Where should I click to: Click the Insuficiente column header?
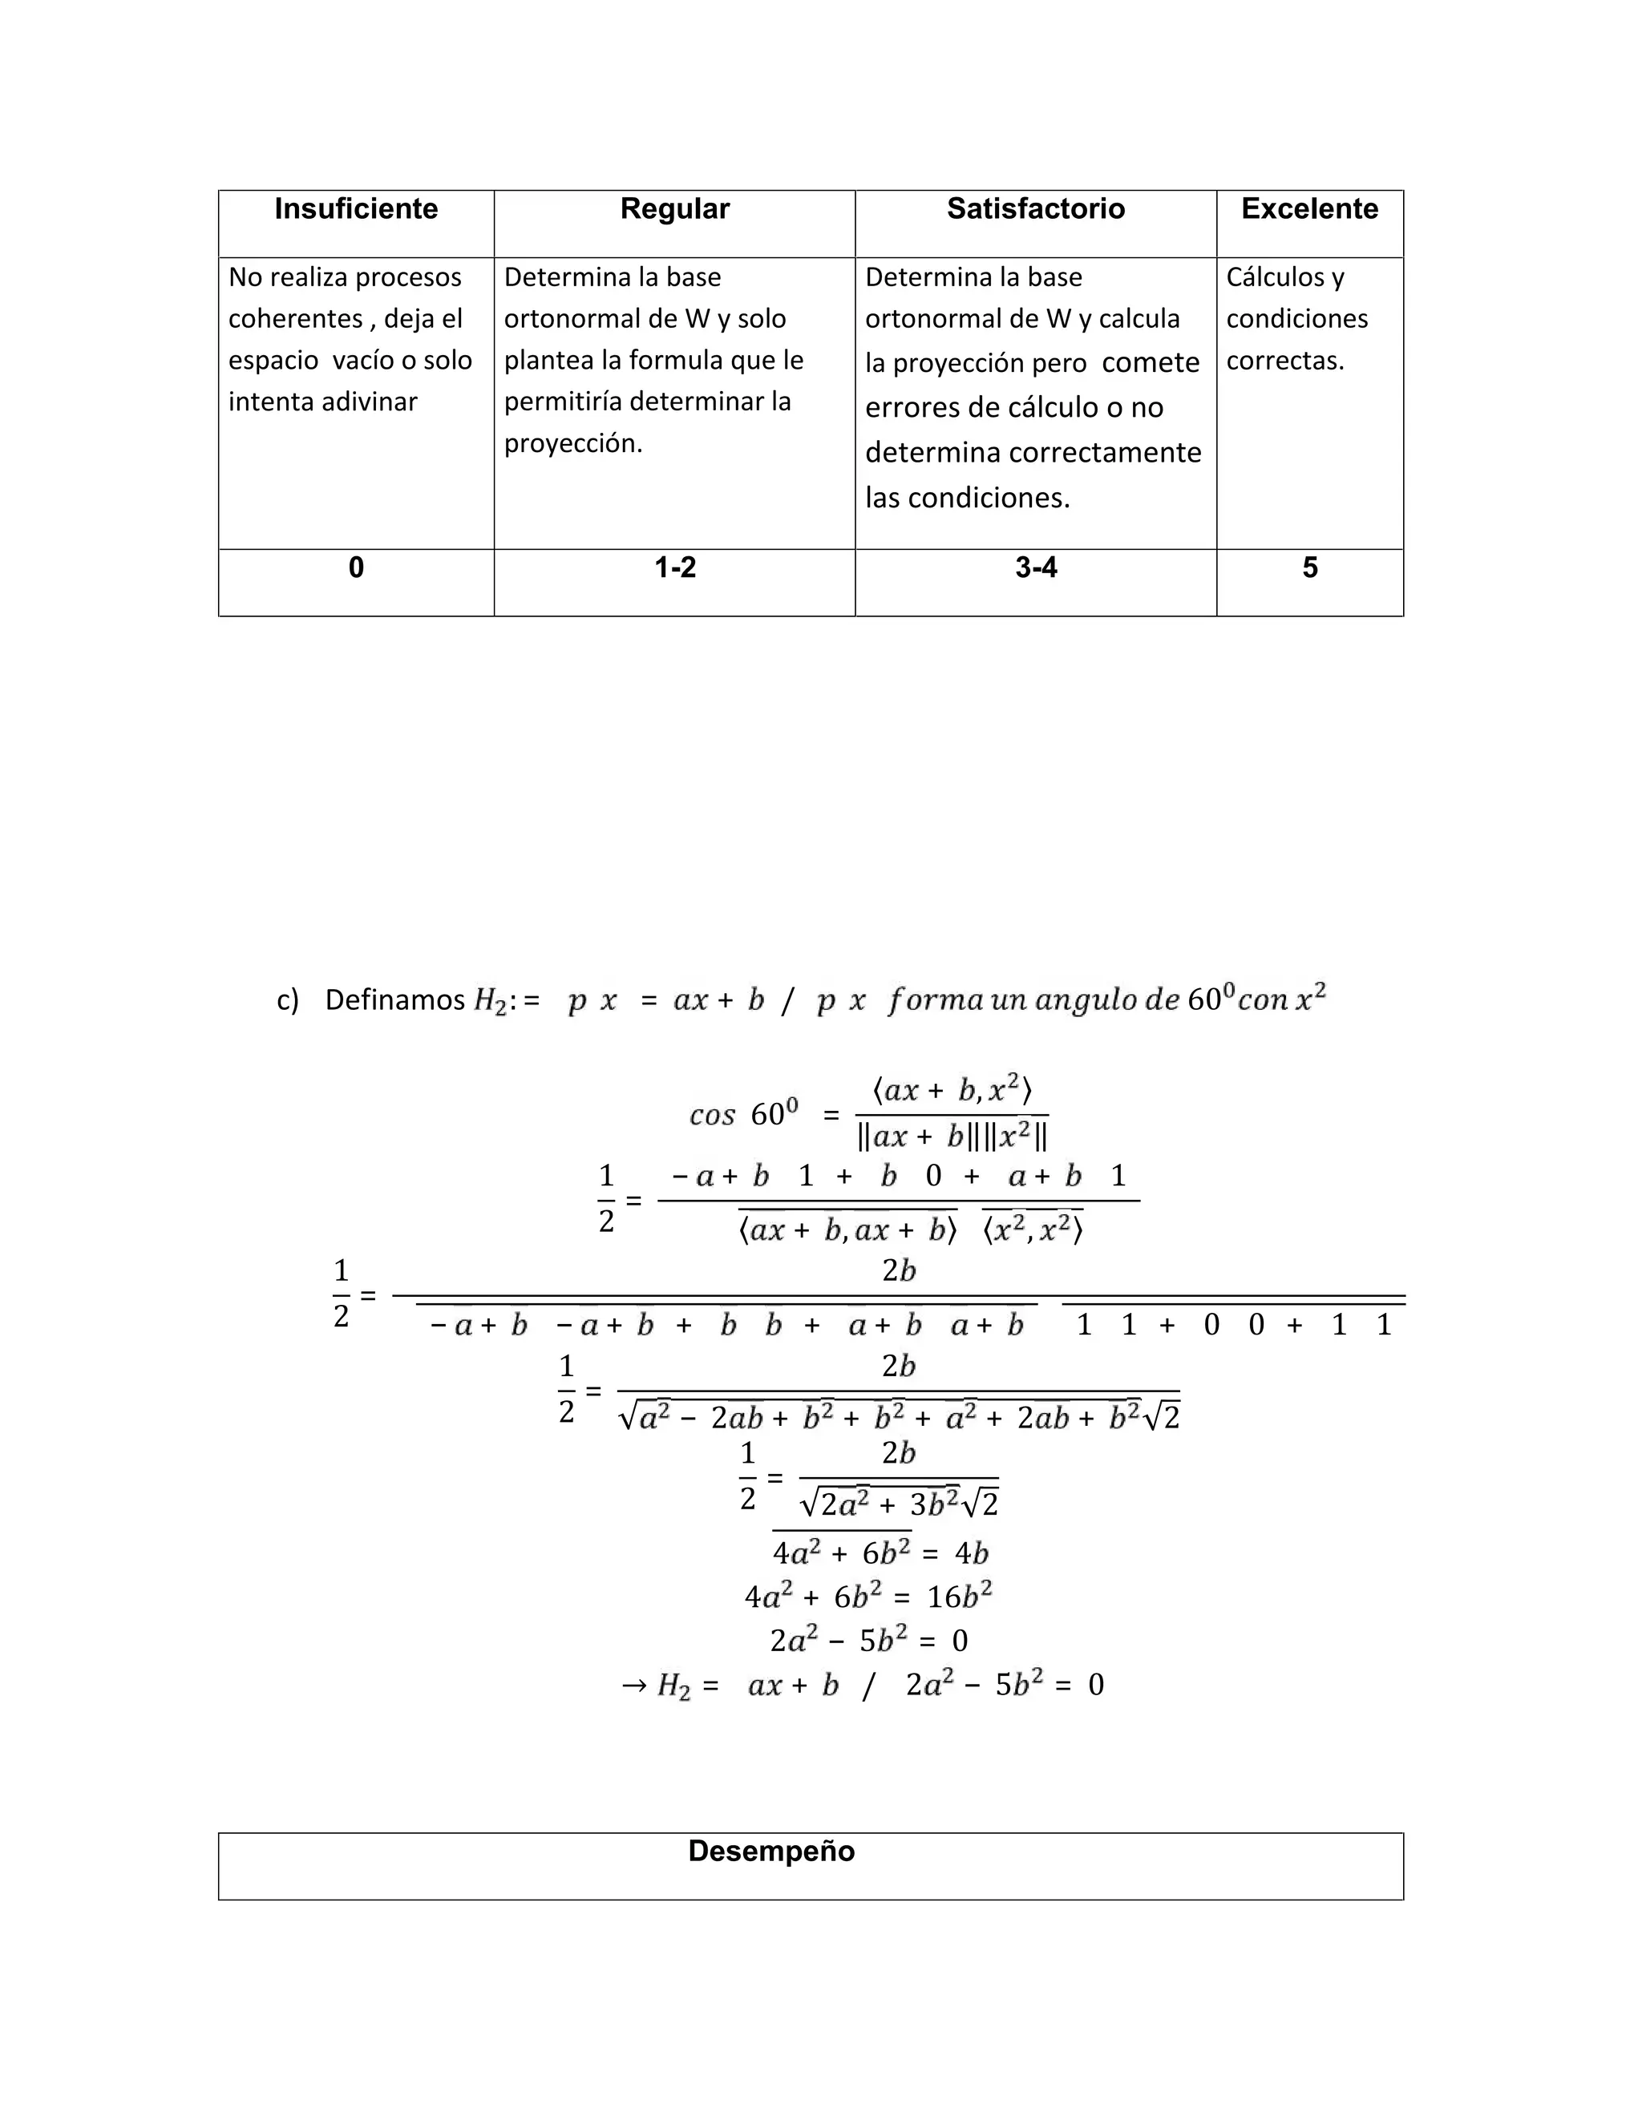click(356, 209)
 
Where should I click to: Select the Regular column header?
click(674, 209)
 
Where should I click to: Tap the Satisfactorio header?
click(1035, 209)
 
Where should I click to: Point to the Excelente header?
click(1309, 209)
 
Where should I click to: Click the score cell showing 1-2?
click(674, 568)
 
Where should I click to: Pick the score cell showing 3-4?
click(1035, 568)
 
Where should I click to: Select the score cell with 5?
click(1309, 568)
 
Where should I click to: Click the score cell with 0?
click(356, 568)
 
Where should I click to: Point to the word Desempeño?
click(771, 1851)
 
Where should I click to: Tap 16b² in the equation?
click(959, 1597)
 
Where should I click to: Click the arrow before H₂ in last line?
click(633, 1685)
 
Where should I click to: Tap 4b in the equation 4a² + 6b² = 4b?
click(971, 1553)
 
